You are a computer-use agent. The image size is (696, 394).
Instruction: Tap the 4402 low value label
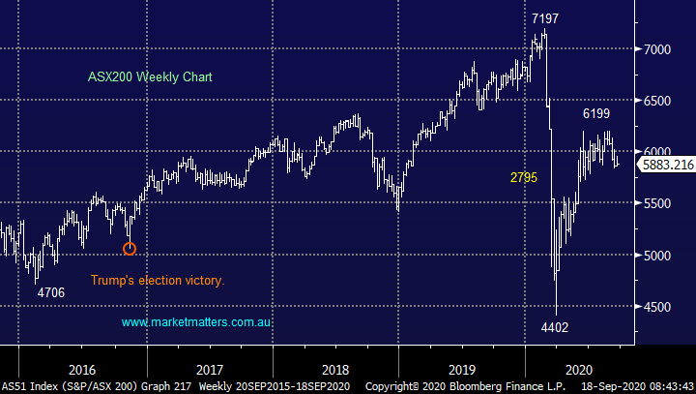click(x=554, y=327)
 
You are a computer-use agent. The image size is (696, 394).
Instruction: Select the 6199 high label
click(x=596, y=114)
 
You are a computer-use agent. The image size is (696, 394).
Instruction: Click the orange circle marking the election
click(x=130, y=249)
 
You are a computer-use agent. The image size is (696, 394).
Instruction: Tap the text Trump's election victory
click(x=158, y=280)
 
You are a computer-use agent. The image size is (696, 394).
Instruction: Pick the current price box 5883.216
click(x=666, y=165)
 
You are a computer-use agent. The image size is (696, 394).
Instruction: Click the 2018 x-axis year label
click(x=335, y=369)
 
